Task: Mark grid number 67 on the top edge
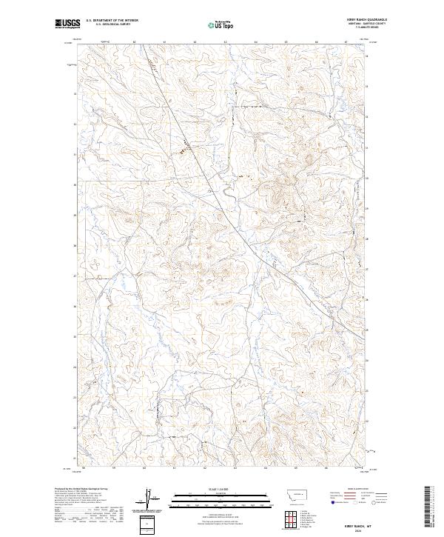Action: (346, 42)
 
